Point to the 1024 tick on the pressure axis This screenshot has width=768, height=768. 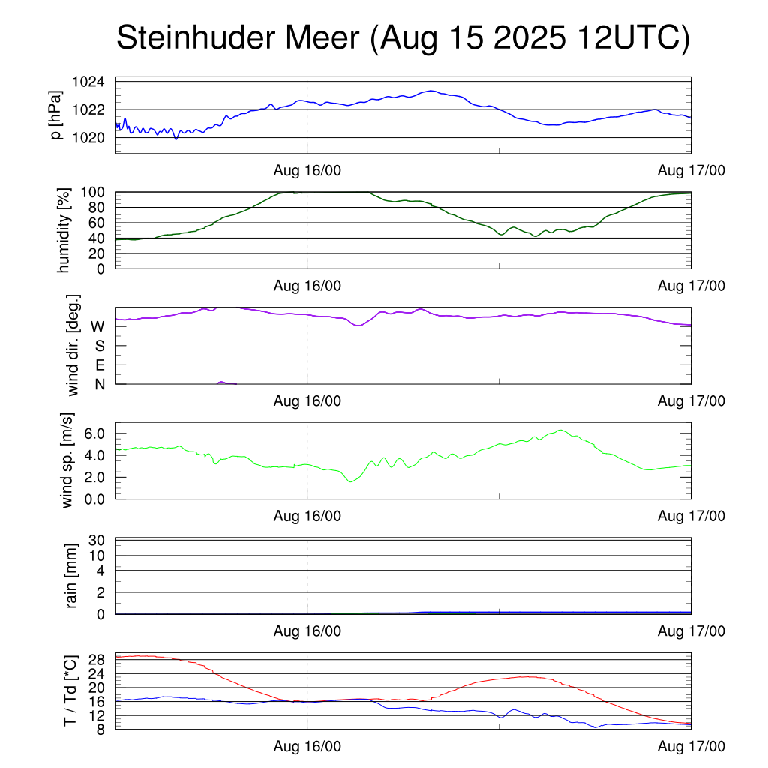(x=88, y=81)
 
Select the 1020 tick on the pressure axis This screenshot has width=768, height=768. (x=88, y=138)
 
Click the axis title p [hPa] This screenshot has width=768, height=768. (x=55, y=116)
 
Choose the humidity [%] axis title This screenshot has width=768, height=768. (x=63, y=230)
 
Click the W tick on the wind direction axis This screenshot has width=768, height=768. (x=97, y=326)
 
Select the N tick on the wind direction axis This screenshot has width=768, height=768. (x=99, y=385)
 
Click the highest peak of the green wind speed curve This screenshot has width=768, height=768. (x=559, y=430)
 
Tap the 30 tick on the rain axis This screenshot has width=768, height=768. (x=97, y=541)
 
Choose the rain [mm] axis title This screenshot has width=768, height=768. (x=72, y=577)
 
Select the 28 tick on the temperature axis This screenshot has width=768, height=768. (x=98, y=659)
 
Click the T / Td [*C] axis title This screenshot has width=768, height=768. (x=69, y=691)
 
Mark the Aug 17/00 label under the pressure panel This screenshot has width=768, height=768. (x=691, y=171)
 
